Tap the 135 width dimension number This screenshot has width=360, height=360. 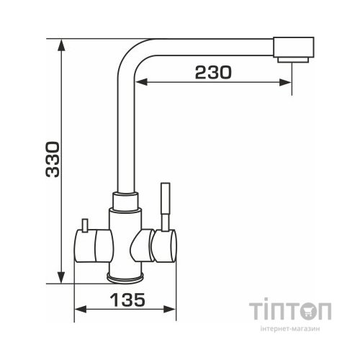pos(127,298)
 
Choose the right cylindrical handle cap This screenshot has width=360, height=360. pos(168,245)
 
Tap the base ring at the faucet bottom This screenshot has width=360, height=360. pos(127,276)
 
